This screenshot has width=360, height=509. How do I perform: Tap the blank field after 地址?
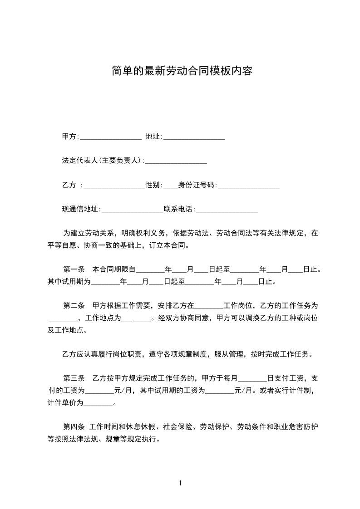pyautogui.click(x=194, y=137)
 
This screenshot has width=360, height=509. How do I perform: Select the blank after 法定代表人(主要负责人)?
pyautogui.click(x=176, y=161)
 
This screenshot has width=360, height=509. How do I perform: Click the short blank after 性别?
pyautogui.click(x=170, y=185)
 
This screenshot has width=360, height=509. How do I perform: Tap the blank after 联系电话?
pyautogui.click(x=227, y=210)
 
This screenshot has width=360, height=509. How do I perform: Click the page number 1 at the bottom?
pyautogui.click(x=180, y=483)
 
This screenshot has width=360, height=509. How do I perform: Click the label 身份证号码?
pyautogui.click(x=197, y=185)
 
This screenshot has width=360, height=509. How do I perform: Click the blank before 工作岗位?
pyautogui.click(x=209, y=306)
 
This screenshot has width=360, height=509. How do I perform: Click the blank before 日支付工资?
pyautogui.click(x=252, y=378)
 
